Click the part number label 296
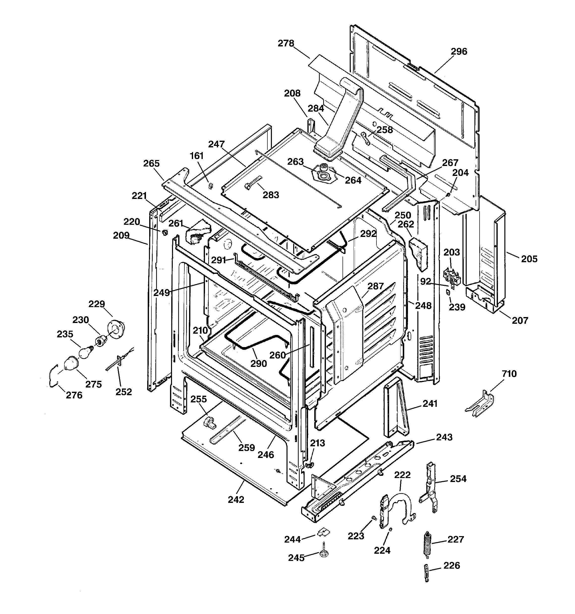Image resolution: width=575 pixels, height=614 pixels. tap(459, 52)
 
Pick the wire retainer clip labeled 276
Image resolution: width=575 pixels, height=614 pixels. tap(53, 375)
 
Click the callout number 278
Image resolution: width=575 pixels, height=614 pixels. tap(286, 44)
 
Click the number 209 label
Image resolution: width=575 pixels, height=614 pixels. tap(121, 236)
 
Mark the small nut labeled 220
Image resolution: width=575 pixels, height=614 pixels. tap(165, 232)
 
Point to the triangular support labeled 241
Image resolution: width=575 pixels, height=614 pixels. tap(396, 408)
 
